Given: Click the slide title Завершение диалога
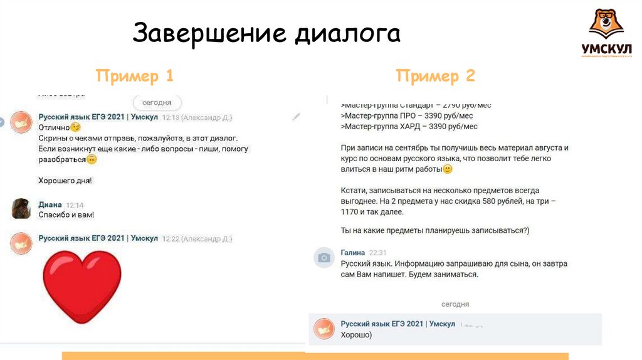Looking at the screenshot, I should click(x=266, y=33).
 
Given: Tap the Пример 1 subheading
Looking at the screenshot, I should click(x=134, y=76).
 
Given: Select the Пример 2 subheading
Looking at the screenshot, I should click(x=435, y=76).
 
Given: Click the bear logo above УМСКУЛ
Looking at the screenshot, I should click(x=606, y=24).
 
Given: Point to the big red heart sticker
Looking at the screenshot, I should click(x=82, y=286).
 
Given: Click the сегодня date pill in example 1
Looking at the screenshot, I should click(x=157, y=102).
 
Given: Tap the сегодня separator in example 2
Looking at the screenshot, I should click(x=455, y=304).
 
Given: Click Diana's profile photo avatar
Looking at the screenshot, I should click(x=21, y=208).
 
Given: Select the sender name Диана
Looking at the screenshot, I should click(x=50, y=204).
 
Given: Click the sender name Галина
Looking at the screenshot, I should click(x=352, y=252).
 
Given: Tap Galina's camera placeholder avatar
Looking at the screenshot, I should click(x=324, y=257).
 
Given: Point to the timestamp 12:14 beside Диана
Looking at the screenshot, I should click(x=75, y=204).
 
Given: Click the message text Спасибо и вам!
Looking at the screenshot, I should click(x=66, y=215).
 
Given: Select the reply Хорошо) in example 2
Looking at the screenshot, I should click(x=355, y=335).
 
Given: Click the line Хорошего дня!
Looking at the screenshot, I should click(x=65, y=181).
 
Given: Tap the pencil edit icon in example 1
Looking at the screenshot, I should click(x=296, y=117).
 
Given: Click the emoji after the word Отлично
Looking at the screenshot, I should click(x=76, y=127).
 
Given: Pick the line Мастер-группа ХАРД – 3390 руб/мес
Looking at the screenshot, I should click(x=409, y=126).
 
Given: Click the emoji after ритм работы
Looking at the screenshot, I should click(x=447, y=169).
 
